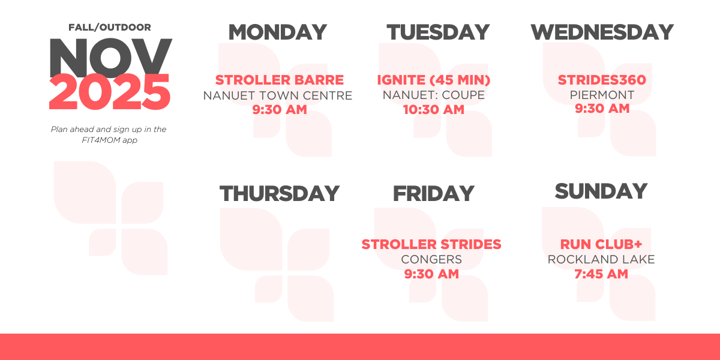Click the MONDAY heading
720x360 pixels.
(278, 32)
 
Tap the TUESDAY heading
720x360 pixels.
(438, 32)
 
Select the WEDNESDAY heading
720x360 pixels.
(602, 32)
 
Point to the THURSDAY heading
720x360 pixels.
(280, 193)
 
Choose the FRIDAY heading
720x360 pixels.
(434, 193)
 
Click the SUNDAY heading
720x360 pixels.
(601, 191)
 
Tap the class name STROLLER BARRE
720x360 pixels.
(280, 80)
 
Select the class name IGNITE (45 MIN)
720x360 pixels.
(434, 80)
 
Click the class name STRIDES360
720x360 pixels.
(602, 80)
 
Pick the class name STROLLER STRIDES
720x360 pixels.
(431, 244)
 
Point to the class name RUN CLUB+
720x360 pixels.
(601, 244)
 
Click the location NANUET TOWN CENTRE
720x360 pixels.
(278, 95)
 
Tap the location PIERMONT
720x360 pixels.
(602, 95)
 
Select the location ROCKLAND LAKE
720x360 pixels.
(601, 259)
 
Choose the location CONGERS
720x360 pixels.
(431, 259)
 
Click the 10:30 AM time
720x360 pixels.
(434, 110)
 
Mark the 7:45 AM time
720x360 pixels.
(601, 274)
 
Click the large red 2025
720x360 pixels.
(109, 92)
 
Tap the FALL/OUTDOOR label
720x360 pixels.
(110, 28)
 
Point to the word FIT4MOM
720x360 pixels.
(101, 140)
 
